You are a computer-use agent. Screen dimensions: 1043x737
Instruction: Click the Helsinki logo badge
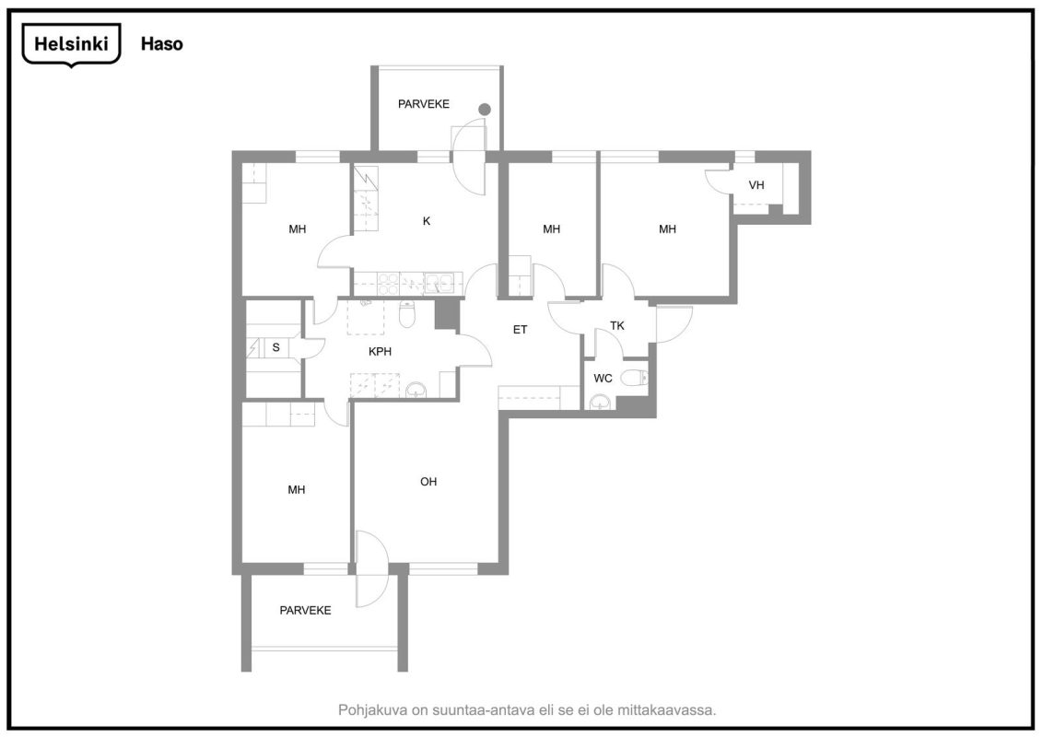pos(71,44)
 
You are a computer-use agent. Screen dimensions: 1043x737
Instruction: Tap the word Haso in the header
pos(161,44)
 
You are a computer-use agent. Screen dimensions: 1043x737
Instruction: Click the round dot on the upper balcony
pos(485,109)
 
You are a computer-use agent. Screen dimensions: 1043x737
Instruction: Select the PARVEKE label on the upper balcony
pos(424,104)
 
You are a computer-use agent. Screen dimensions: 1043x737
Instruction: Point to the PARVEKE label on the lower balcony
pos(305,610)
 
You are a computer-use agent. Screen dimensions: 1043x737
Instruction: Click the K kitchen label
pos(427,221)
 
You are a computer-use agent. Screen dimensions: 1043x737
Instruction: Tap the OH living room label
pos(428,482)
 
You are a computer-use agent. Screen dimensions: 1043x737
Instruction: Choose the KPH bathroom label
pos(380,351)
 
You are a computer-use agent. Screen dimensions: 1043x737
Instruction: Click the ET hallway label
pos(521,329)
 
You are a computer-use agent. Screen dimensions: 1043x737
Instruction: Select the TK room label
pos(617,325)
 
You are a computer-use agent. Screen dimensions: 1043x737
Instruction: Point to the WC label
pos(603,379)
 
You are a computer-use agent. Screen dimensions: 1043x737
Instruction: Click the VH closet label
pos(756,185)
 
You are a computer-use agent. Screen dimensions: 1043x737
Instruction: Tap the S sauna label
pos(276,347)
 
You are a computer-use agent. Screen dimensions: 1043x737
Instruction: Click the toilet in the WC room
pos(634,378)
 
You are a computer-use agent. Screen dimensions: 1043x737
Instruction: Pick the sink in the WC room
pos(600,401)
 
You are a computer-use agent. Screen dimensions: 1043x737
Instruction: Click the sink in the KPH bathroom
pos(416,390)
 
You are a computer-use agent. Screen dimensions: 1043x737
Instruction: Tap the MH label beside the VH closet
pos(667,228)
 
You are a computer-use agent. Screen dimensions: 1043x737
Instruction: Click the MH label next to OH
pos(297,489)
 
